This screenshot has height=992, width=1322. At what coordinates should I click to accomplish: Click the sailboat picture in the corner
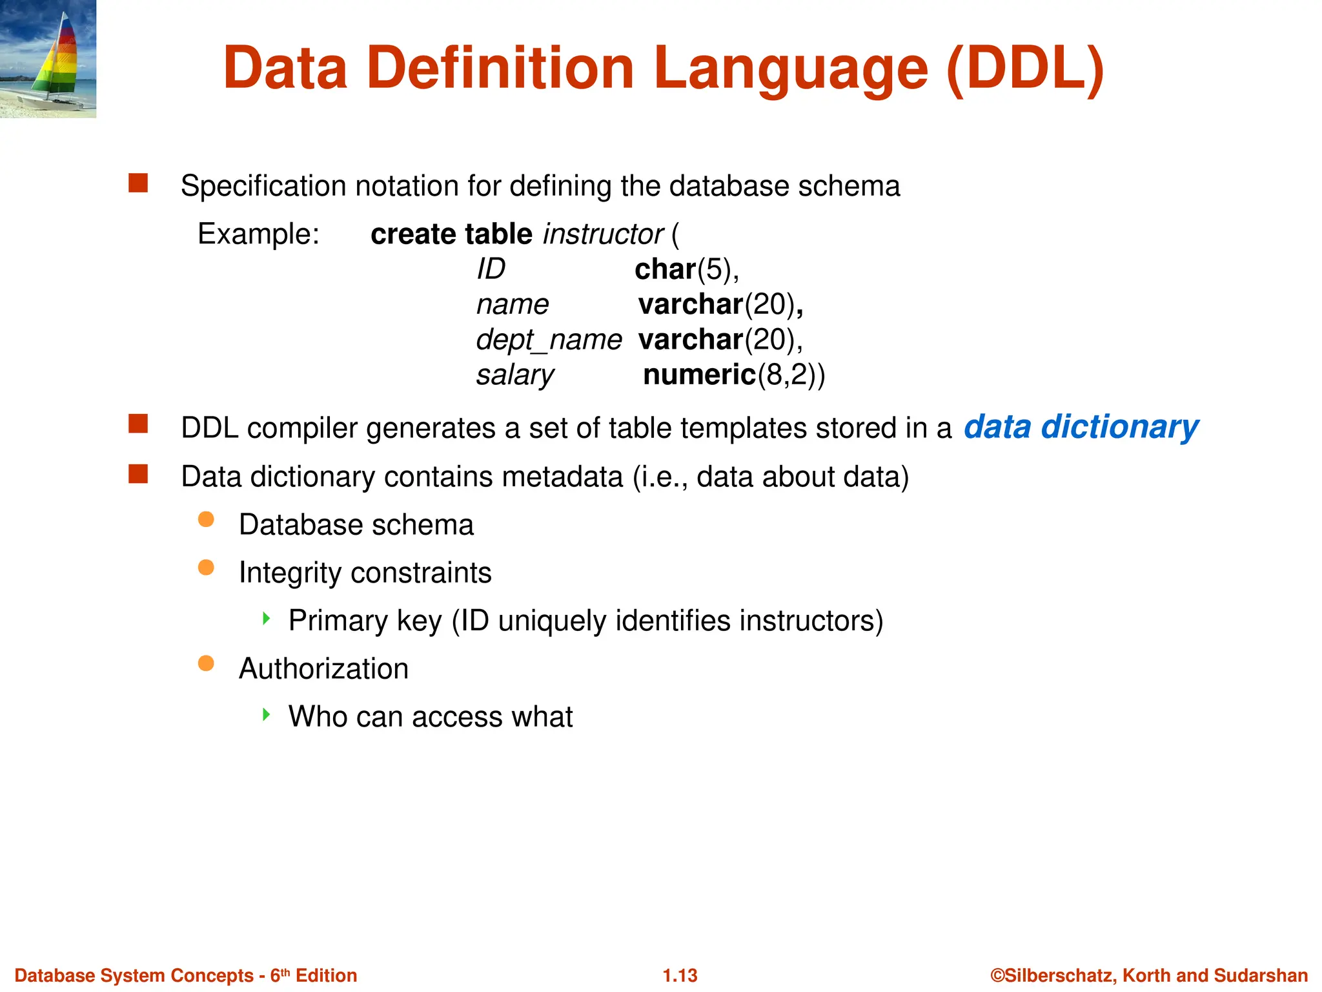coord(48,59)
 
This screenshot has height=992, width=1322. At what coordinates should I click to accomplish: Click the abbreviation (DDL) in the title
coord(1025,68)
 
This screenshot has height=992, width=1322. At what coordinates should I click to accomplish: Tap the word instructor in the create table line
coord(603,234)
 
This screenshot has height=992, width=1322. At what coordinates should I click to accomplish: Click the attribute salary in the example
coord(514,375)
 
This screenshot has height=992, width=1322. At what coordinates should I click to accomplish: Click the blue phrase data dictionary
coord(1081,428)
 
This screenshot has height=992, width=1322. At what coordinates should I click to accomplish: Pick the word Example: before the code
coord(258,234)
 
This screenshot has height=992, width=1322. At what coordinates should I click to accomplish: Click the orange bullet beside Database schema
coord(206,520)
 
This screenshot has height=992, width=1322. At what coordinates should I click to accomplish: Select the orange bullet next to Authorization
coord(206,663)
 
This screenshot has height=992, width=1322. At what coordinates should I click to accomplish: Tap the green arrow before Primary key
coord(267,619)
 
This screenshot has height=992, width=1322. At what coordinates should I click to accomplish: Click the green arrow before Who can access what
coord(267,714)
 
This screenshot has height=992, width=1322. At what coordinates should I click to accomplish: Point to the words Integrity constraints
coord(365,573)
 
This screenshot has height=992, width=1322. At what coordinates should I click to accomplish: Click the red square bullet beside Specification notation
coord(138,183)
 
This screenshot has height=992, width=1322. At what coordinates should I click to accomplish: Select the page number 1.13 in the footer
coord(680,975)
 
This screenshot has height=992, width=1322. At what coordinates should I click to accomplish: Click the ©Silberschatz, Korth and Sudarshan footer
coord(1149,975)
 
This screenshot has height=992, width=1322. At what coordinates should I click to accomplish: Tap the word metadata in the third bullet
coord(562,477)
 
